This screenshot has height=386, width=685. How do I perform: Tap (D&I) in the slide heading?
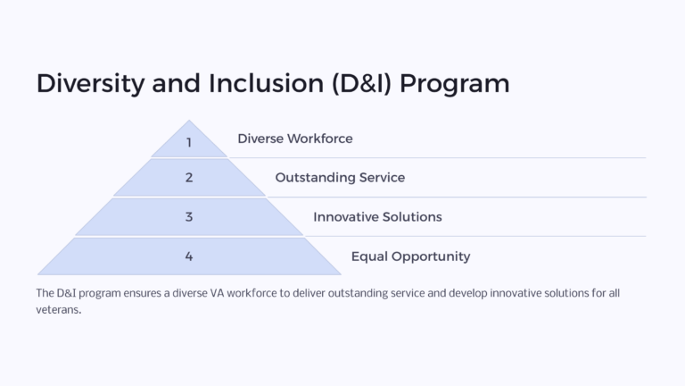point(359,83)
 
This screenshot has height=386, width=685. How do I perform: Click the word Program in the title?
point(455,83)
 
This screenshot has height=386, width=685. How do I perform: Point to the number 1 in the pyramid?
point(189,142)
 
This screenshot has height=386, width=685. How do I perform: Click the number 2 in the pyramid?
point(189,178)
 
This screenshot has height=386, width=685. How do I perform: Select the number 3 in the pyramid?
point(189,217)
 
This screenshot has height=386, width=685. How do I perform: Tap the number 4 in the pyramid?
point(189,256)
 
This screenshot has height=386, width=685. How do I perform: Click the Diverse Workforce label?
point(294,138)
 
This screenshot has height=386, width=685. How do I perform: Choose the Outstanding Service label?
point(340,178)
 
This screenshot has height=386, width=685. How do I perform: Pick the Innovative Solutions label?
point(377,217)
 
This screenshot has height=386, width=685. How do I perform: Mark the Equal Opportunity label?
point(410,256)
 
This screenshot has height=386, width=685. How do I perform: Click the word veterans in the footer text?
point(58,310)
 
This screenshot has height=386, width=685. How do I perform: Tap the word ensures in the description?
point(140,293)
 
